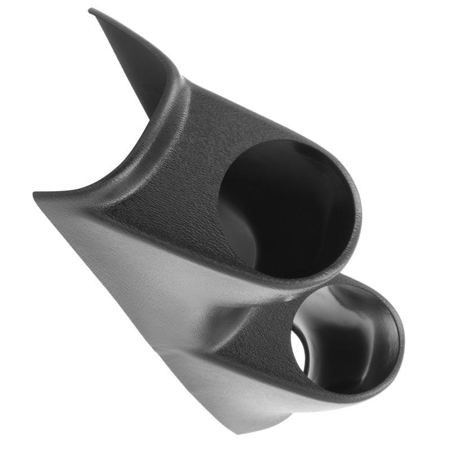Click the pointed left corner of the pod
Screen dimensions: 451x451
(35, 194)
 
